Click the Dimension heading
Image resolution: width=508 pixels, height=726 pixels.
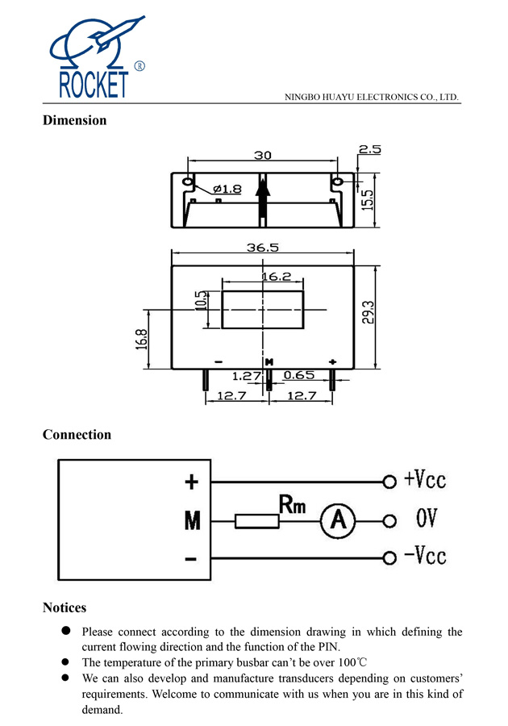[x=74, y=120]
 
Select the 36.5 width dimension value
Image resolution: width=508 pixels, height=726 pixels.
[x=262, y=248]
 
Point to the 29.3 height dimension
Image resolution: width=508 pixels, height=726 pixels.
[x=368, y=312]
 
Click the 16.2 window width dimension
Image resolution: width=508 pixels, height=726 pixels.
[x=276, y=277]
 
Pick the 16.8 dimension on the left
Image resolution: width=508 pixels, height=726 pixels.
[x=142, y=338]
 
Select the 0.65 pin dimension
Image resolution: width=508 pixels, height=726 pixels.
[x=299, y=375]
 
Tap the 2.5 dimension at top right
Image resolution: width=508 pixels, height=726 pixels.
[x=369, y=149]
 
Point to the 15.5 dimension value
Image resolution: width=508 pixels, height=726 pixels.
[x=368, y=200]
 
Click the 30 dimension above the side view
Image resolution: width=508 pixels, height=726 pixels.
[x=263, y=155]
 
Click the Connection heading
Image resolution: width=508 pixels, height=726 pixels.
[x=77, y=435]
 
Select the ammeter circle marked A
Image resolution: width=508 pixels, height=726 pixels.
[x=338, y=521]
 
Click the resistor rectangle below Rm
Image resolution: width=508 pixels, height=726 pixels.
[x=257, y=521]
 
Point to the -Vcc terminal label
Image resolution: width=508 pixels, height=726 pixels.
[x=424, y=556]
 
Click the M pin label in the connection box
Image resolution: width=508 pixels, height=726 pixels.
[x=192, y=521]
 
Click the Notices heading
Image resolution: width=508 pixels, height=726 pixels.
[x=65, y=607]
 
